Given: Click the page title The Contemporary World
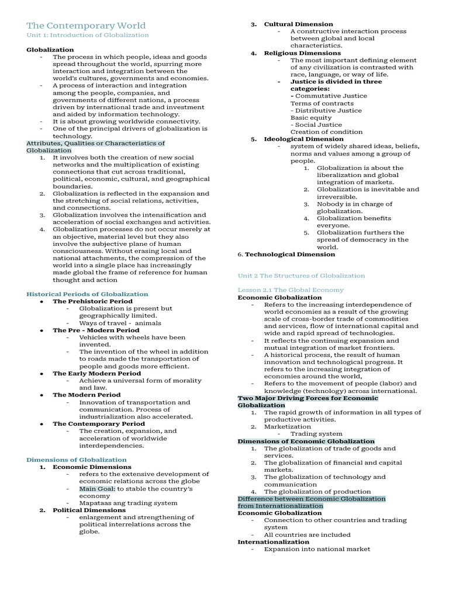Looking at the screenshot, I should pos(86,26).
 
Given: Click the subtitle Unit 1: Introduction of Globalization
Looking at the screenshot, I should pos(88,35).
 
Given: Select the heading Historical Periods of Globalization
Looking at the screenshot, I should pos(87,294).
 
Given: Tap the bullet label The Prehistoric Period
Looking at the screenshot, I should pos(92,301).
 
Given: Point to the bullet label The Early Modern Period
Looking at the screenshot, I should pos(96,373).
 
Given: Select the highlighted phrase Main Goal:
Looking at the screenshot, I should pos(98,488).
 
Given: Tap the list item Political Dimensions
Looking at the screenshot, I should pos(89,510).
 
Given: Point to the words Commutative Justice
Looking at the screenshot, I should pos(331,96).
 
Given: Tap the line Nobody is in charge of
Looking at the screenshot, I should pos(354,204).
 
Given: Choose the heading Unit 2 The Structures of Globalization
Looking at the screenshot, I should pos(301,276).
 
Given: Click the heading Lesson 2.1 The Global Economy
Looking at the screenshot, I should pos(291,290).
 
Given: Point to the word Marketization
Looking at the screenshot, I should pos(288,426).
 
